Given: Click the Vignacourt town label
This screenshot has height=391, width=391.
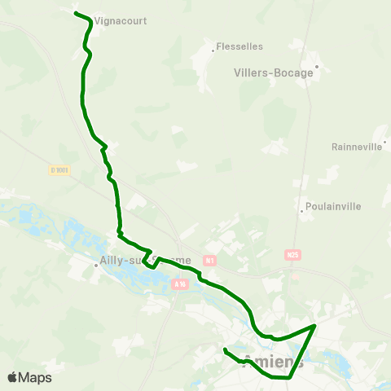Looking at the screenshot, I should pyautogui.click(x=121, y=21).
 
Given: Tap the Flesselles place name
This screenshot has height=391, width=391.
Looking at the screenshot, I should pyautogui.click(x=240, y=47).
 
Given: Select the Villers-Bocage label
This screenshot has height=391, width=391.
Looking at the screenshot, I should pyautogui.click(x=274, y=72).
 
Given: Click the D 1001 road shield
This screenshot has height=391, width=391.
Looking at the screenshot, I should pyautogui.click(x=59, y=170).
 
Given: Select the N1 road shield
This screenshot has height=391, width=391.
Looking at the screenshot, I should pyautogui.click(x=210, y=261).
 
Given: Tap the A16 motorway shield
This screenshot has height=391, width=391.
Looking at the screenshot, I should pyautogui.click(x=180, y=284).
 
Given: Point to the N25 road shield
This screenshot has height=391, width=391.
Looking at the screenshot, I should pyautogui.click(x=293, y=255).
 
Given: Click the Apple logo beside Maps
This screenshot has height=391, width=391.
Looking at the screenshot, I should pyautogui.click(x=12, y=377).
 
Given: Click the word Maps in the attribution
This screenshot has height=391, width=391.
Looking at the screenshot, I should pyautogui.click(x=35, y=378).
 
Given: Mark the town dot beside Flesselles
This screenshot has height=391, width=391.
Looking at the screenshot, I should pyautogui.click(x=213, y=51).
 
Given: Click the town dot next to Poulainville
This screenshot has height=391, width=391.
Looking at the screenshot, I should pyautogui.click(x=302, y=211).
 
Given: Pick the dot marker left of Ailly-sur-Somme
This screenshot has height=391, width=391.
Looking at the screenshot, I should pyautogui.click(x=95, y=265).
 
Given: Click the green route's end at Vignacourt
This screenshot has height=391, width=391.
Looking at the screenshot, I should pyautogui.click(x=75, y=13).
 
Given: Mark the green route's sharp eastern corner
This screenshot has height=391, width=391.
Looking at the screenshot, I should pyautogui.click(x=315, y=325).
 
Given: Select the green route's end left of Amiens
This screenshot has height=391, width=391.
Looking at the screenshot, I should pyautogui.click(x=224, y=349).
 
